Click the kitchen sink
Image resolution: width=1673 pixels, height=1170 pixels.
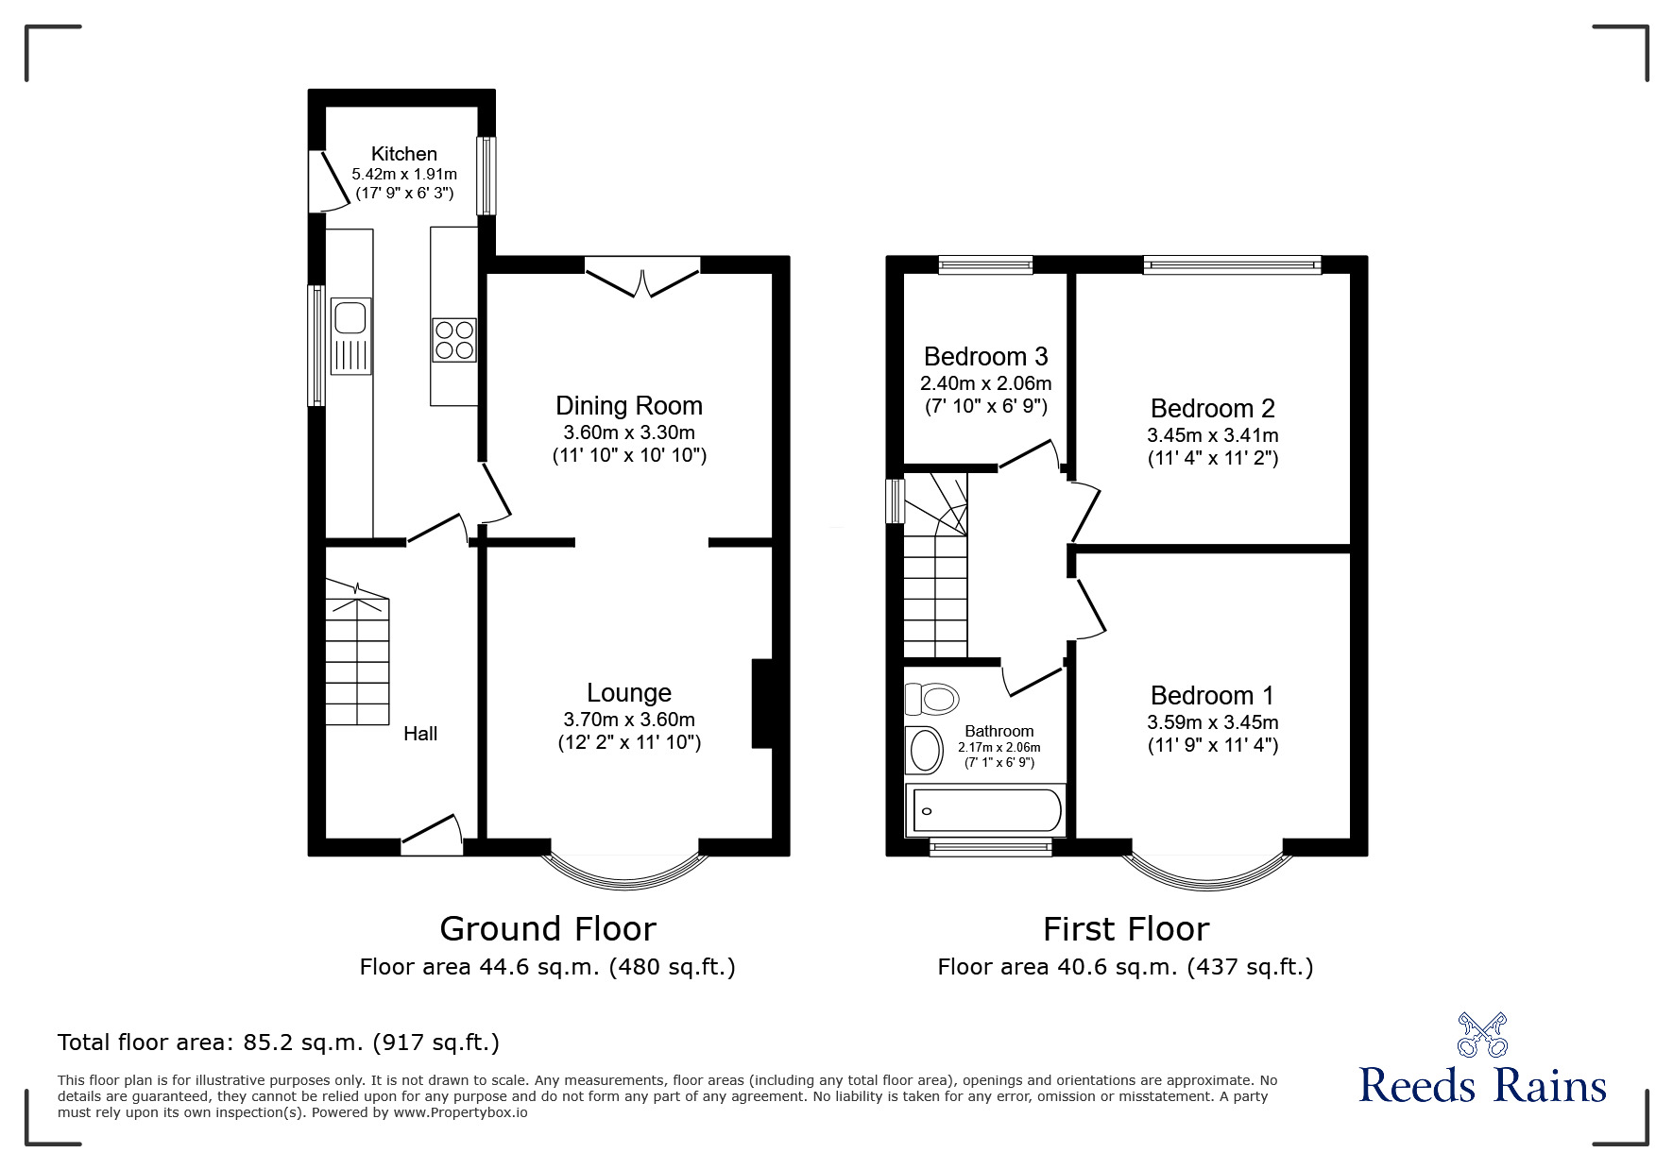[351, 336]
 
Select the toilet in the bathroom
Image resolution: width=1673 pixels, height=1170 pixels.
[932, 699]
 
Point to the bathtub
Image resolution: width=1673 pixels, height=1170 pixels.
[984, 810]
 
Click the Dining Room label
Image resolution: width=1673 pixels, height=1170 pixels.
[629, 406]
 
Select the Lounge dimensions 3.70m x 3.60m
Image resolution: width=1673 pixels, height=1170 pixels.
[629, 720]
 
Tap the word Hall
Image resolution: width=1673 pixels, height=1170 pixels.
[420, 734]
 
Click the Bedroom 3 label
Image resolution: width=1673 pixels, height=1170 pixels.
[985, 357]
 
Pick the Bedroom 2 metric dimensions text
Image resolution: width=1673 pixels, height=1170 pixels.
[1212, 435]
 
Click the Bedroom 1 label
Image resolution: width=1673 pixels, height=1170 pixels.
[1212, 696]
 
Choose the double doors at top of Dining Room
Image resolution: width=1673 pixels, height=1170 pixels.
[642, 280]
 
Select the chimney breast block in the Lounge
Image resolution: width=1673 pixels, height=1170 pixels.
[762, 704]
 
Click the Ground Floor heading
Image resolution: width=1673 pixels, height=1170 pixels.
[548, 929]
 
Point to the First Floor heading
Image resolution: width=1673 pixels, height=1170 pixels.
[1125, 929]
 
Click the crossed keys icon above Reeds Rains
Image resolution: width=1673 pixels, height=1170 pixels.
[1482, 1034]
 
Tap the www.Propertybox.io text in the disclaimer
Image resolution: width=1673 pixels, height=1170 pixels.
[460, 1112]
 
